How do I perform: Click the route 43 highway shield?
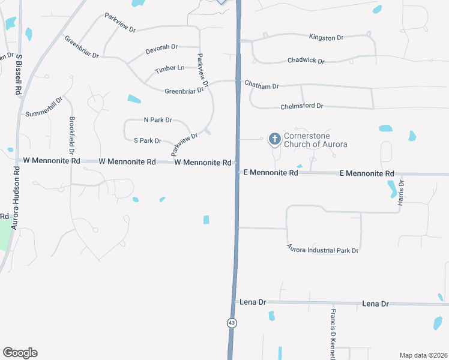click(x=232, y=323)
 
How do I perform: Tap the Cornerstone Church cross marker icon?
click(x=275, y=140)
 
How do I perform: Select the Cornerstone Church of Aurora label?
click(x=315, y=140)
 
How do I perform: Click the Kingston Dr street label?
click(x=326, y=37)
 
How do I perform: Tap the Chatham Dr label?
click(x=262, y=86)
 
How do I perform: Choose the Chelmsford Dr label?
click(x=302, y=106)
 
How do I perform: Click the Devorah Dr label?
click(x=161, y=47)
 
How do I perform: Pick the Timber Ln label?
click(x=170, y=68)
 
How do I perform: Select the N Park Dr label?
click(x=158, y=120)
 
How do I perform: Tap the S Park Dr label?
click(x=148, y=141)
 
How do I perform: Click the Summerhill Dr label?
click(x=44, y=107)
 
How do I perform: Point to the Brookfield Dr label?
click(x=71, y=136)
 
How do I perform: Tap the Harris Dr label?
click(x=401, y=193)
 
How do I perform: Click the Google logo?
click(x=20, y=353)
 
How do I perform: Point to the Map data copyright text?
click(x=423, y=355)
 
